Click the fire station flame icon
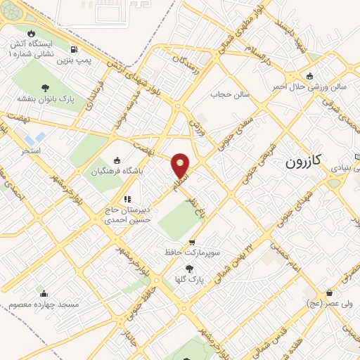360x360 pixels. pyautogui.click(x=30, y=33)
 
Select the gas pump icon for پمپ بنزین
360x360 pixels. pyautogui.click(x=74, y=49)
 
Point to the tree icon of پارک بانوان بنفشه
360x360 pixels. pyautogui.click(x=46, y=88)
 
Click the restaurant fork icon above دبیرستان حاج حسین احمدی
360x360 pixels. pyautogui.click(x=127, y=199)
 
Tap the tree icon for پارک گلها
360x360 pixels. pyautogui.click(x=188, y=268)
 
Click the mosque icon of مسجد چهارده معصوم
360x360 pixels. pyautogui.click(x=44, y=294)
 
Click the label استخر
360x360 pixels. pyautogui.click(x=31, y=150)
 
